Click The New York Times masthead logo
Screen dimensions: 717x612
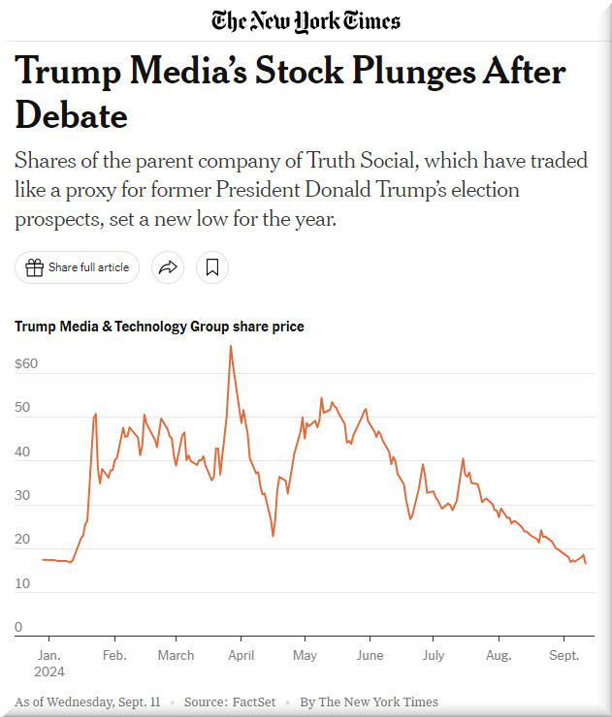pos(306,20)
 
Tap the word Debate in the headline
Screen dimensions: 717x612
pos(72,116)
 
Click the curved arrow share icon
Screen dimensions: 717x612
pos(168,267)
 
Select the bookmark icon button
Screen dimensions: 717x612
pos(212,267)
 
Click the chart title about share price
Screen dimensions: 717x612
pos(159,327)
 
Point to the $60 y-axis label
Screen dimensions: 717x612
pos(26,364)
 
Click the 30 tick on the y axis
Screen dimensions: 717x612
pos(22,496)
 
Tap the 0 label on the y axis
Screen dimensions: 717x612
pos(18,628)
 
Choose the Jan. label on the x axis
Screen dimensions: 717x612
pos(48,655)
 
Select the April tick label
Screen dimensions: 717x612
pos(241,655)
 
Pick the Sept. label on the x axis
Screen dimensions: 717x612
pos(564,655)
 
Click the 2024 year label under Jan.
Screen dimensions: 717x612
pos(50,671)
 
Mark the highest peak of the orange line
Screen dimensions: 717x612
pos(230,346)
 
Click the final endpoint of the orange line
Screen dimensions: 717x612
pos(585,563)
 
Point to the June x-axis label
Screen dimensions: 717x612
pos(370,655)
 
